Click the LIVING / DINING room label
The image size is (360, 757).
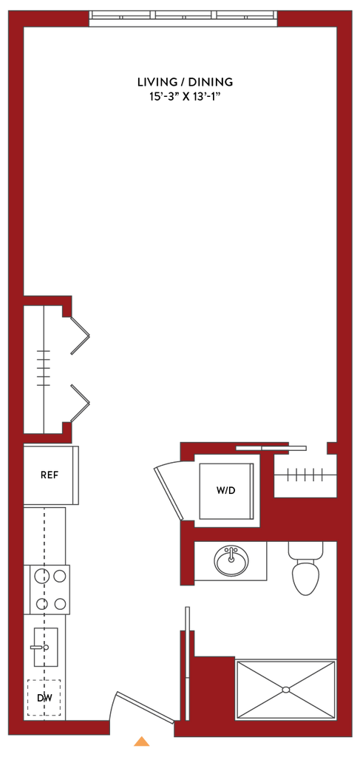point(186,81)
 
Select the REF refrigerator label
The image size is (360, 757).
point(50,475)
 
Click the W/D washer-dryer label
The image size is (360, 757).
point(226,491)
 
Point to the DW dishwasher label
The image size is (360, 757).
point(44,698)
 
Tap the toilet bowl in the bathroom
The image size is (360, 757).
point(306,577)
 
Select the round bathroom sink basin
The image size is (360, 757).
point(231,560)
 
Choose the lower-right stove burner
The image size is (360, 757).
point(60,603)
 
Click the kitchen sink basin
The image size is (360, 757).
point(46,647)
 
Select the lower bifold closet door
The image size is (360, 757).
point(81,403)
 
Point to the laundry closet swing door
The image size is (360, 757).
point(169,493)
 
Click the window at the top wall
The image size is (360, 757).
point(183,15)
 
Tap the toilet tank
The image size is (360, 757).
point(306,550)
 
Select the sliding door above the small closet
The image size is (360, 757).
point(271,448)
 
